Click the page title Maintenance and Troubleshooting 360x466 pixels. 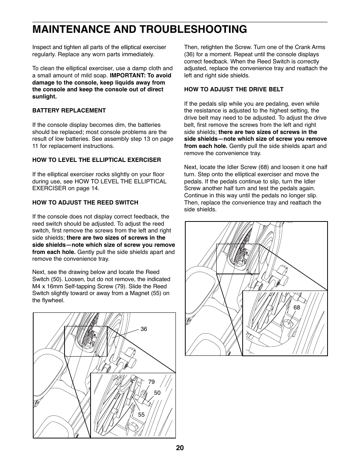(x=140, y=29)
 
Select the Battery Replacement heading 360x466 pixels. (x=69, y=111)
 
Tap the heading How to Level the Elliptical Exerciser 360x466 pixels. (x=97, y=160)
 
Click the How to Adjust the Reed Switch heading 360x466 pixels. (x=85, y=203)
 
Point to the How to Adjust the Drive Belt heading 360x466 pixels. (x=234, y=89)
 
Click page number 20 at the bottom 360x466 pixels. (x=180, y=448)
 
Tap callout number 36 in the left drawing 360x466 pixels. (x=144, y=329)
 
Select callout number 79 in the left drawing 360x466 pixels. (x=151, y=382)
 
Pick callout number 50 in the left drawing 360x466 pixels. (x=157, y=393)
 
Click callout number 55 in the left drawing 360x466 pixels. (x=141, y=414)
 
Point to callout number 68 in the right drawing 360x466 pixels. (x=297, y=308)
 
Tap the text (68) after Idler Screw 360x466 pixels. (x=263, y=167)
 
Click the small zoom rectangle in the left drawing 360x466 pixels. (x=86, y=341)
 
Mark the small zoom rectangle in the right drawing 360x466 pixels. (x=238, y=259)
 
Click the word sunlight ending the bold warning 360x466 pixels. (x=44, y=97)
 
